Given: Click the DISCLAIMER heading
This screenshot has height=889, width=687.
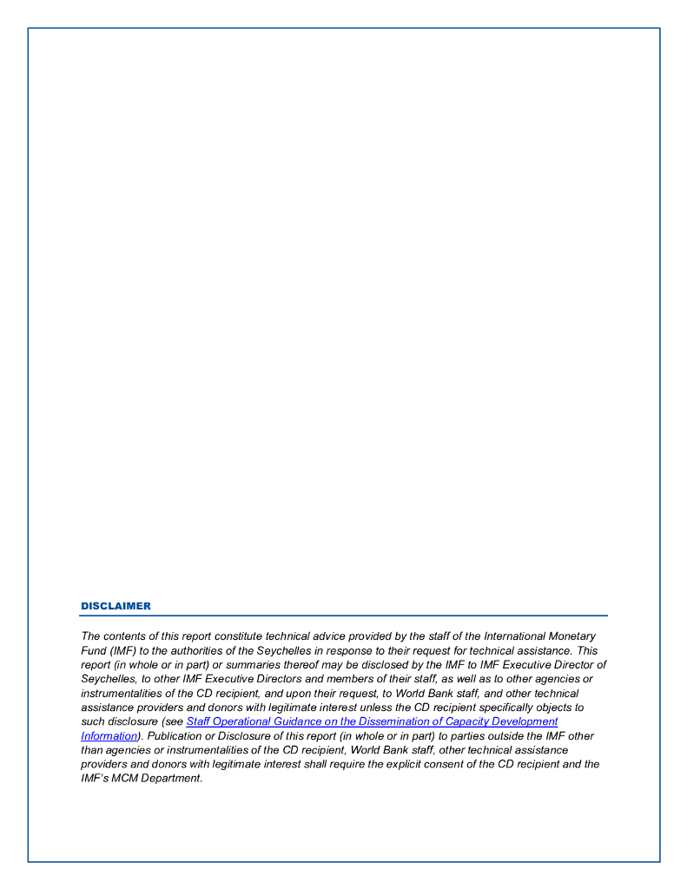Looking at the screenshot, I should pyautogui.click(x=116, y=606).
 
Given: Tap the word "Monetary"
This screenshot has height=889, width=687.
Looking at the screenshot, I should pyautogui.click(x=572, y=636).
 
